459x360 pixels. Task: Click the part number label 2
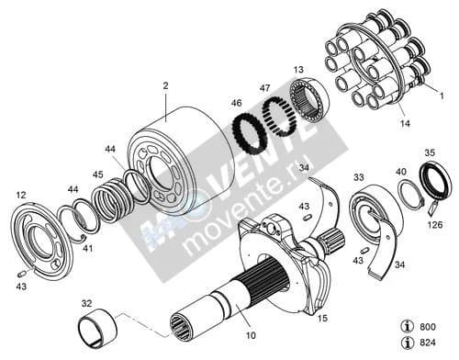point(165,85)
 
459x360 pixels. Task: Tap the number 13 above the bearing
point(298,70)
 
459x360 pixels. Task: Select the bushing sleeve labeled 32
point(98,329)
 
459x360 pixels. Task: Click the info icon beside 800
point(408,327)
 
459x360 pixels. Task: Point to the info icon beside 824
point(408,343)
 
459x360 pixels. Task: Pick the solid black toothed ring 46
point(250,132)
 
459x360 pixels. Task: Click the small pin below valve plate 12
point(21,274)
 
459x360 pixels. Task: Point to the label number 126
point(435,225)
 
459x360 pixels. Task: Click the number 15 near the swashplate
point(322,318)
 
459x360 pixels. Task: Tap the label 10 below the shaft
point(251,335)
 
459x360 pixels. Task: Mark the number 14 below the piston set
point(405,123)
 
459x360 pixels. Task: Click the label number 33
point(359,177)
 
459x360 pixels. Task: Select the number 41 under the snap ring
point(88,248)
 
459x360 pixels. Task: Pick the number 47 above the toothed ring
point(265,88)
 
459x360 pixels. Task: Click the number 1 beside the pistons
point(442,96)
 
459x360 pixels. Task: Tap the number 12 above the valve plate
point(21,195)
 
